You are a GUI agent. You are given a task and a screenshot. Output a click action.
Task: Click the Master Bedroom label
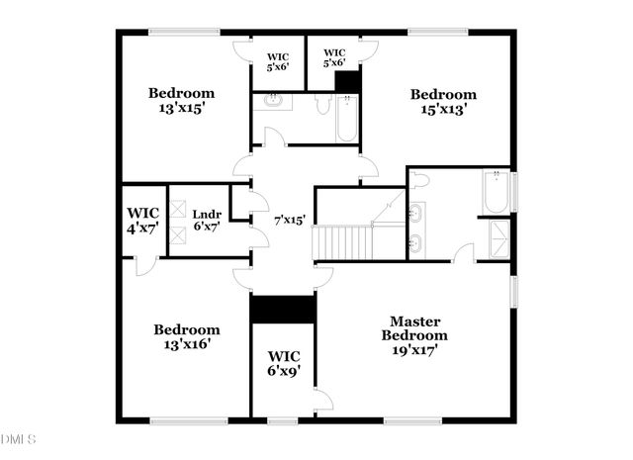pos(414,328)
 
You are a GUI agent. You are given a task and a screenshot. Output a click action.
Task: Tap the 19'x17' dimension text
pos(415,349)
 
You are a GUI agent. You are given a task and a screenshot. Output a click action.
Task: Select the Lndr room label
pos(207,214)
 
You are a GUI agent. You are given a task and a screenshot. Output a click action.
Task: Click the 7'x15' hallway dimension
pos(290,220)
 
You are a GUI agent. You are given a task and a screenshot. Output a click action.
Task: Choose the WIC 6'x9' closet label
pos(284,363)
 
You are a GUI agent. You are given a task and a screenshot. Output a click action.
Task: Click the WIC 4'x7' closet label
pos(143,221)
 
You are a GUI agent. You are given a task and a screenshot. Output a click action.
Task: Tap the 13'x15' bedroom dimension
pos(182,109)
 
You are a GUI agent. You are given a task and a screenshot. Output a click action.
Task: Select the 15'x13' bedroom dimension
pos(443,110)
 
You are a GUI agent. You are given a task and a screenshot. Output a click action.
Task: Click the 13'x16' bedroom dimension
pos(186,345)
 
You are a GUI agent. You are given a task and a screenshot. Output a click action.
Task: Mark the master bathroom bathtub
pos(496,191)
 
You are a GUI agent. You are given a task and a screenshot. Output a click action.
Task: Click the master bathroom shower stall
pos(496,238)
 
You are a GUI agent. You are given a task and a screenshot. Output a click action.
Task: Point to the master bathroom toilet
pos(419,180)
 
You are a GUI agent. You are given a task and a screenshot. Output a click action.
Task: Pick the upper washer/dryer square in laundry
pos(178,209)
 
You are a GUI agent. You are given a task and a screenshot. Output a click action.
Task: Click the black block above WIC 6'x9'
pos(282,308)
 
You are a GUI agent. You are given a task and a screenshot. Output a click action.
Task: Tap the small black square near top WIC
pos(347,80)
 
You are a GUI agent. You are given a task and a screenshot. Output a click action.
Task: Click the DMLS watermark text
pos(18,438)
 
